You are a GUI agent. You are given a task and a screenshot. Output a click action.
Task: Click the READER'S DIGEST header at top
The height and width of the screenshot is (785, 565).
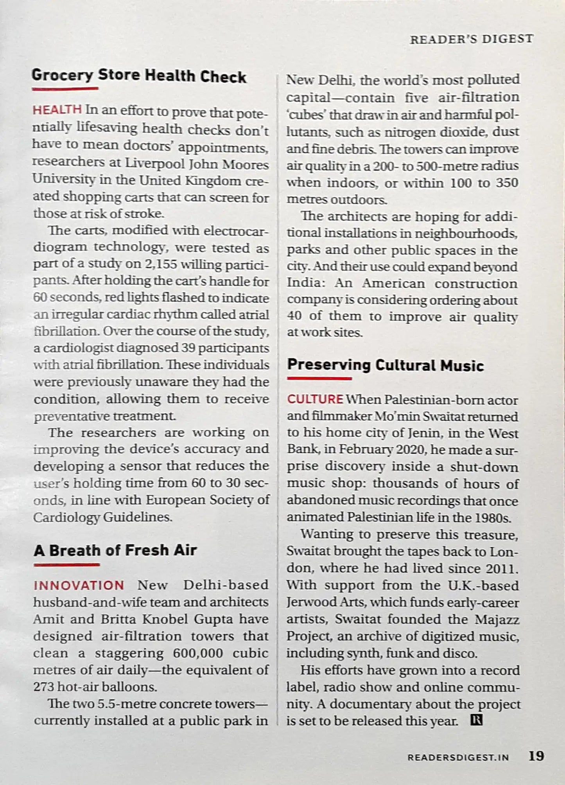point(471,39)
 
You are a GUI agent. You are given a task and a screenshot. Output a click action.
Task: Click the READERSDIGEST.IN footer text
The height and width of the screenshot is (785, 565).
point(458,758)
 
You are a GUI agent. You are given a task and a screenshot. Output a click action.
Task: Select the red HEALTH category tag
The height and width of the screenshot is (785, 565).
point(57,110)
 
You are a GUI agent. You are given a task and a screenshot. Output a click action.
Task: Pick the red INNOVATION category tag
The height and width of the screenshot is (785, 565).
point(79,586)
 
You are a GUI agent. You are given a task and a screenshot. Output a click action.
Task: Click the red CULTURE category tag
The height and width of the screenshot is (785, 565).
point(315,399)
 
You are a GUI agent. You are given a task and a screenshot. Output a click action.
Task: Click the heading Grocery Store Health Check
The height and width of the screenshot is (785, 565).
point(139,76)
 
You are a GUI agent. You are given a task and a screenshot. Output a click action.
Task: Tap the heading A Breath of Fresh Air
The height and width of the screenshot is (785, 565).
point(115,550)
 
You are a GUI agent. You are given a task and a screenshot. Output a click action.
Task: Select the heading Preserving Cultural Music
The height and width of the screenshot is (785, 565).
point(385,365)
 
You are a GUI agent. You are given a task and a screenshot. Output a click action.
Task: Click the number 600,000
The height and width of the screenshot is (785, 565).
point(197,653)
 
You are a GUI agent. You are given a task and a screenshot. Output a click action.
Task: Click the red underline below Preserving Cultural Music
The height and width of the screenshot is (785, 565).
point(319,378)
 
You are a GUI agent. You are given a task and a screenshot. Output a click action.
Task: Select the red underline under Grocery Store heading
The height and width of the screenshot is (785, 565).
point(65,89)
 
